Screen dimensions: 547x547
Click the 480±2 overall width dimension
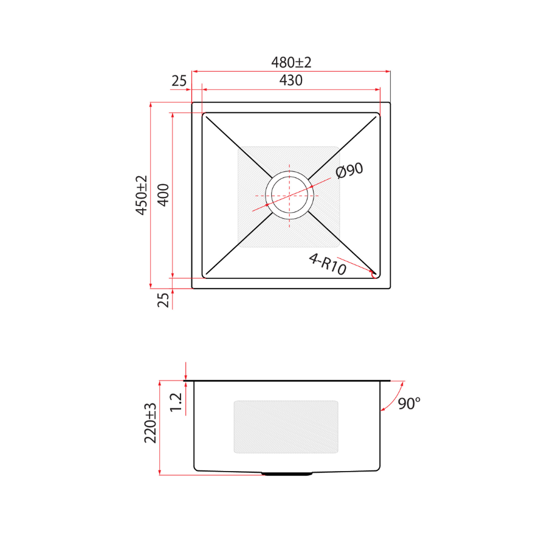pos(291,63)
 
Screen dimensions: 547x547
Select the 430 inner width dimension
pos(291,80)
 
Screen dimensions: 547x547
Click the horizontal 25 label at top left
pos(179,81)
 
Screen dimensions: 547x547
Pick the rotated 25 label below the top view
pos(163,300)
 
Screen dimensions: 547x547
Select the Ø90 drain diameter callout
pos(349,171)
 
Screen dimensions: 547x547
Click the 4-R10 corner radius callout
pos(327,264)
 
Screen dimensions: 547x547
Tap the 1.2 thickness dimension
pos(176,402)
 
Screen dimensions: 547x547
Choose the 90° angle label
pos(409,403)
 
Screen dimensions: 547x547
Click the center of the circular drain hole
pos(290,195)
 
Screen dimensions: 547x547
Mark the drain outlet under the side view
pos(287,473)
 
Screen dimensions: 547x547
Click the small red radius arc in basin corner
pos(373,273)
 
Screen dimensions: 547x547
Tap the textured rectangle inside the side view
pos(286,427)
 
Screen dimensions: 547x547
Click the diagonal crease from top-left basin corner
pos(237,146)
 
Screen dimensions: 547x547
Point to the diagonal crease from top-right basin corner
pos(343,146)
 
